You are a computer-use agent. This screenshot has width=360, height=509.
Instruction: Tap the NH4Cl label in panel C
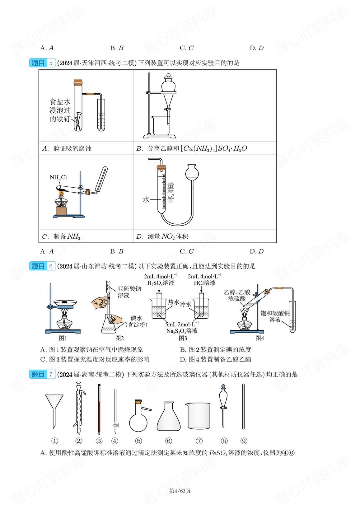click(x=58, y=178)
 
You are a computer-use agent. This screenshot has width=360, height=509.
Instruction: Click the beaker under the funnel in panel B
click(x=160, y=125)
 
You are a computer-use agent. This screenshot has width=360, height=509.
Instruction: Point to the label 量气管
click(x=171, y=192)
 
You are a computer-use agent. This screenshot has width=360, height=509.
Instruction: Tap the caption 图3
click(x=182, y=338)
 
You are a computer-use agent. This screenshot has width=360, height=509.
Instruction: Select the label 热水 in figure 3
click(x=173, y=302)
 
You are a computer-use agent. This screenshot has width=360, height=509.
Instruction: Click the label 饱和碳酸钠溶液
click(x=275, y=316)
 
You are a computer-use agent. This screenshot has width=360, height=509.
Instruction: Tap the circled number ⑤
click(x=138, y=441)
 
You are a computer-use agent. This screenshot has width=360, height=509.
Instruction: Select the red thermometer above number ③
click(x=99, y=411)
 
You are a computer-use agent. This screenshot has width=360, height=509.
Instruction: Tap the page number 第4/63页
click(x=180, y=491)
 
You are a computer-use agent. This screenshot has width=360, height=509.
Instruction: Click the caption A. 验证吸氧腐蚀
click(x=67, y=148)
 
